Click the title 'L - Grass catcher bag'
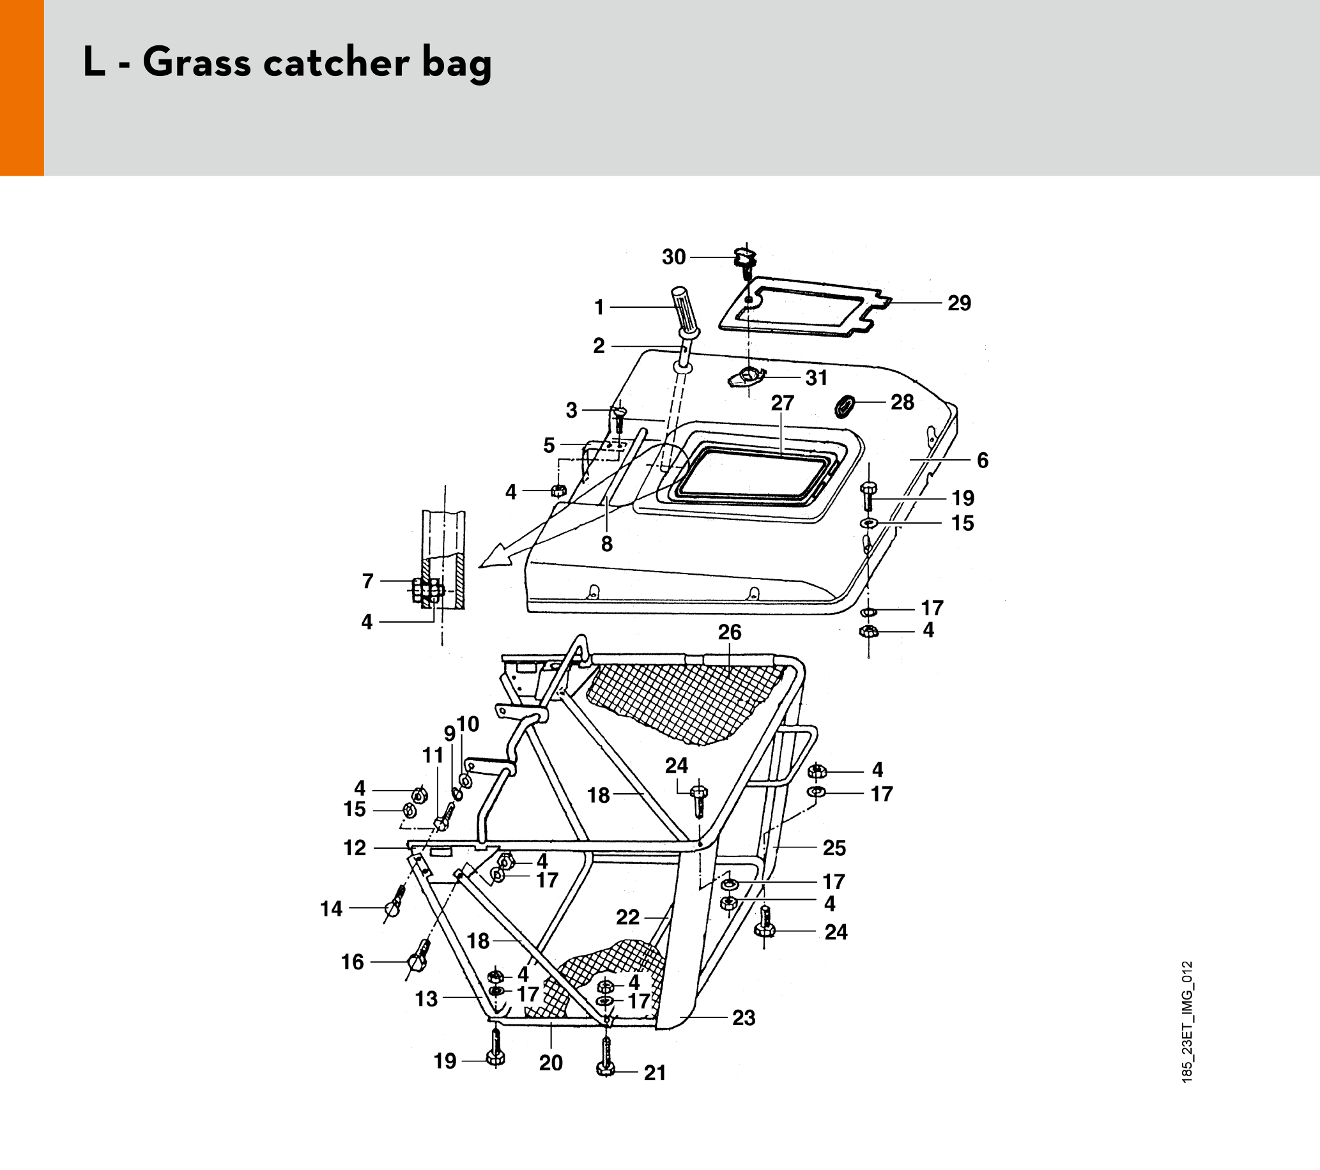click(x=288, y=63)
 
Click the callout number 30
click(x=673, y=257)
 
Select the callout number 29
click(x=959, y=303)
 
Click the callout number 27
click(x=782, y=403)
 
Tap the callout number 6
click(x=982, y=460)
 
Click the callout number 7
click(x=367, y=581)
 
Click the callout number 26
click(x=730, y=632)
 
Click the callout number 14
click(x=332, y=909)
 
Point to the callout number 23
click(x=744, y=1017)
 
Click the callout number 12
click(x=355, y=847)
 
